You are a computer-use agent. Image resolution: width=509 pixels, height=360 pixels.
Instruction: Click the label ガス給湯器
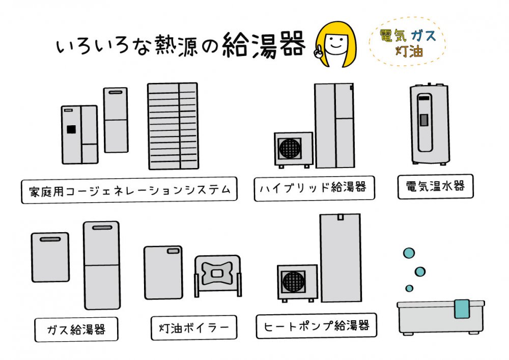pos(76,329)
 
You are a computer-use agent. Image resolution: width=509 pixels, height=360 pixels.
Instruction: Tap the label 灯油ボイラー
pos(194,327)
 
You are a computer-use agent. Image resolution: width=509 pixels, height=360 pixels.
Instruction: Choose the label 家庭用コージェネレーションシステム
pos(129,190)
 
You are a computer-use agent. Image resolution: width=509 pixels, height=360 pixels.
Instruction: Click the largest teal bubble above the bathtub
pos(408,253)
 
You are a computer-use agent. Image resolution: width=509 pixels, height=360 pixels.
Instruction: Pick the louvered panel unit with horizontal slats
pos(173,126)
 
